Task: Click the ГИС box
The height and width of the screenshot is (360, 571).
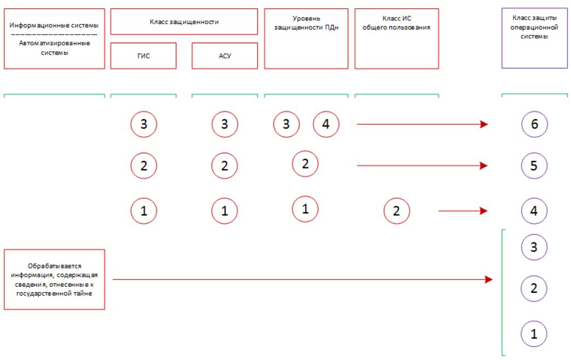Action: [x=143, y=56]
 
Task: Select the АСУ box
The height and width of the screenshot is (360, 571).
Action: [x=224, y=56]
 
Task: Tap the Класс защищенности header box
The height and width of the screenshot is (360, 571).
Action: [x=184, y=22]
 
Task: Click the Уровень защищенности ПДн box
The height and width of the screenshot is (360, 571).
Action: [x=306, y=39]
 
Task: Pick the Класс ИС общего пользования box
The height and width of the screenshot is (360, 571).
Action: [x=396, y=39]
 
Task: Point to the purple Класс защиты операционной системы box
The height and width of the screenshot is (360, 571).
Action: [x=534, y=38]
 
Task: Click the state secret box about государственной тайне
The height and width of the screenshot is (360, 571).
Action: [x=54, y=280]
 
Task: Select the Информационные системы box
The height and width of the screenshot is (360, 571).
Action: [x=54, y=39]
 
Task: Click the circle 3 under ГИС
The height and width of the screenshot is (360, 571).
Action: [x=144, y=124]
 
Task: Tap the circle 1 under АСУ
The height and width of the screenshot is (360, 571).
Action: [x=224, y=211]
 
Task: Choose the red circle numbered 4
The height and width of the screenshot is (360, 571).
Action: [x=326, y=124]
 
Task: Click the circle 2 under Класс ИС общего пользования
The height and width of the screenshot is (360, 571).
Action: [x=396, y=211]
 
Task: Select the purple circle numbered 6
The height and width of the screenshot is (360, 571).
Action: [x=534, y=124]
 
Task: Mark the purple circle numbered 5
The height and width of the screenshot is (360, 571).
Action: [x=534, y=166]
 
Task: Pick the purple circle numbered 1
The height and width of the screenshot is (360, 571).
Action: [x=534, y=334]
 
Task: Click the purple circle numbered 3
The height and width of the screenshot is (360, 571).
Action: [x=534, y=247]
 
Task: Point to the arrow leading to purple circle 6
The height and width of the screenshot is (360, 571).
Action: [x=423, y=124]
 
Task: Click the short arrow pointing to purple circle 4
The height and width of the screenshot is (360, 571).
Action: [x=463, y=211]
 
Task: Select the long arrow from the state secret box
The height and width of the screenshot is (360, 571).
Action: [x=303, y=280]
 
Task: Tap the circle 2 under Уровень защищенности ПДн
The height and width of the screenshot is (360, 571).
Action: [x=305, y=164]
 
